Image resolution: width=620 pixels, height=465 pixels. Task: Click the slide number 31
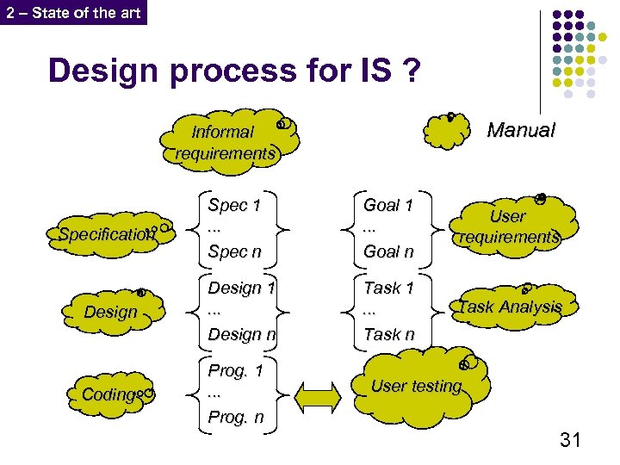570,441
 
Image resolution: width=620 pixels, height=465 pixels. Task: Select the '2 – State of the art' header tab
73,12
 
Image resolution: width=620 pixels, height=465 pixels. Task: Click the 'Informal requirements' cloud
225,143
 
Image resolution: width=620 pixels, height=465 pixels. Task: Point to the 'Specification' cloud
107,233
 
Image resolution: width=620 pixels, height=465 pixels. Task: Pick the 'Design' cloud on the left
110,312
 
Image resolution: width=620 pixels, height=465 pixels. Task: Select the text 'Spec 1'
234,205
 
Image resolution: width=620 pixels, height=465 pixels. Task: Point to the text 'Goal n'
388,251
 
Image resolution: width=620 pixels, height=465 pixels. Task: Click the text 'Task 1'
388,288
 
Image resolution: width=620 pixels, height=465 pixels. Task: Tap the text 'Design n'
241,334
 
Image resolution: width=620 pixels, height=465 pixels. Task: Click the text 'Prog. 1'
235,371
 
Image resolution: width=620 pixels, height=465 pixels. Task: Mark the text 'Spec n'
234,251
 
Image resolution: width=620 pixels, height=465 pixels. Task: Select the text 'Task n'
388,334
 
